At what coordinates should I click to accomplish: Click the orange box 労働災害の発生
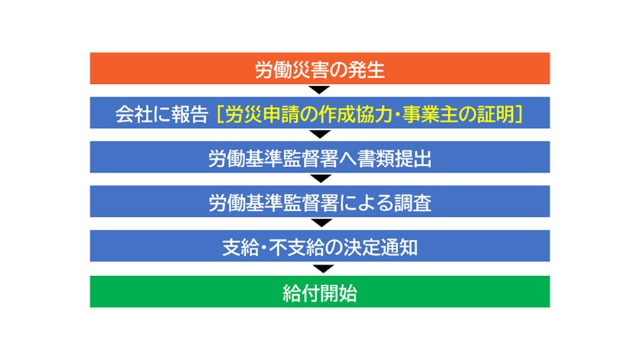(x=319, y=68)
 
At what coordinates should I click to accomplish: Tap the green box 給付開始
(x=319, y=291)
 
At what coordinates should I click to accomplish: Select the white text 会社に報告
(x=162, y=113)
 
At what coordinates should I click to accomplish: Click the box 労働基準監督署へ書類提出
(x=319, y=157)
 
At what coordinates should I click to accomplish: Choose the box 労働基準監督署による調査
(x=319, y=201)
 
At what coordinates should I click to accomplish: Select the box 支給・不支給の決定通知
(x=319, y=246)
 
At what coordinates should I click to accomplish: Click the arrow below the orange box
(x=319, y=90)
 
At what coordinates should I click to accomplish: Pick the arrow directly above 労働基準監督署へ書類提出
(x=320, y=134)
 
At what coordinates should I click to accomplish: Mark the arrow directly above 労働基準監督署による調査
(x=321, y=179)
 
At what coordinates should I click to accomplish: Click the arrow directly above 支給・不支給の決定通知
(x=321, y=223)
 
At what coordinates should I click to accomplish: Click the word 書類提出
(x=394, y=158)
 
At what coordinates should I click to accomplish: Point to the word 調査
(x=412, y=202)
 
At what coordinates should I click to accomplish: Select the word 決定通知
(x=381, y=247)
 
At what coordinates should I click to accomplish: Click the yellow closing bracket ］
(x=519, y=113)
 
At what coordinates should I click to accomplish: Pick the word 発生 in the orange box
(x=366, y=69)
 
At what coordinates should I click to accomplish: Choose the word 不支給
(x=296, y=247)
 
